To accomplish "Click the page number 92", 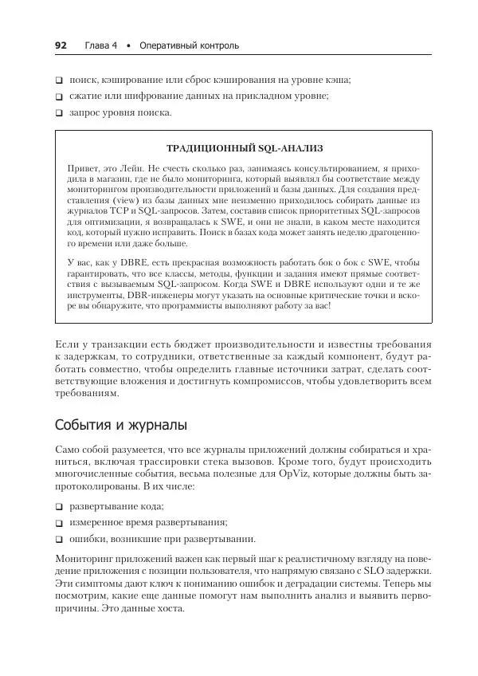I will (61, 45).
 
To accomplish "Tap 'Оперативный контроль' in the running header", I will (189, 45).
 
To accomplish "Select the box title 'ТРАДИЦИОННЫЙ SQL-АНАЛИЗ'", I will (245, 148).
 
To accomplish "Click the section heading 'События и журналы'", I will (120, 425).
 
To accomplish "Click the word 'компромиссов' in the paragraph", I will (265, 381).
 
